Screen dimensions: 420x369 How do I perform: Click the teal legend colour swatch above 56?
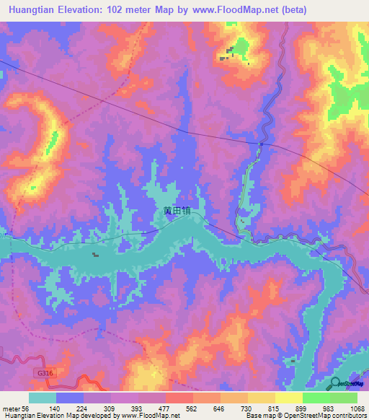click(x=43, y=398)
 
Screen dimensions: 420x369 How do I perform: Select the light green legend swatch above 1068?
click(x=344, y=398)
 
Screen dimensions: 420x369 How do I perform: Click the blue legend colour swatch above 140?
click(x=70, y=398)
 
